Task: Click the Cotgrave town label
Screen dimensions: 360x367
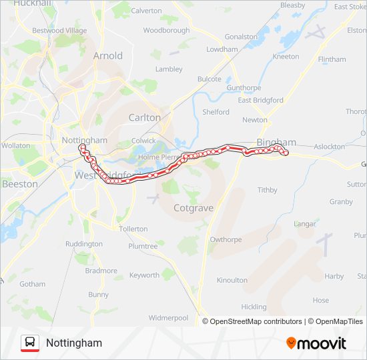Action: [x=193, y=208]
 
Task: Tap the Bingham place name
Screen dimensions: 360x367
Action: [x=276, y=143]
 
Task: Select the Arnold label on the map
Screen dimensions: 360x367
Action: [x=107, y=56]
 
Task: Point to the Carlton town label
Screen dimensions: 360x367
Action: [x=144, y=117]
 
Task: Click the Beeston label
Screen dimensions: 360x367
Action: [x=19, y=183]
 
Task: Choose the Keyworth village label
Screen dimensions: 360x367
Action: [x=144, y=275]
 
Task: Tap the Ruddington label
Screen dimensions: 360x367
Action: [x=84, y=244]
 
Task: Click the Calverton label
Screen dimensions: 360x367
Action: [x=146, y=11]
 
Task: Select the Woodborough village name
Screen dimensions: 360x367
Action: [x=166, y=31]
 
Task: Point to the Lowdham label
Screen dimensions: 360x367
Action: [x=222, y=49]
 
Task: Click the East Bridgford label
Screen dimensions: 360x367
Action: [x=260, y=101]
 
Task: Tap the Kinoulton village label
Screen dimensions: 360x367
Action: [x=232, y=281]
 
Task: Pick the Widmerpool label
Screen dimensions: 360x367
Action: [x=168, y=318]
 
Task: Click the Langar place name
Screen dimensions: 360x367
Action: [x=304, y=224]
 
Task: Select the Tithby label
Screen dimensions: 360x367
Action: [x=267, y=190]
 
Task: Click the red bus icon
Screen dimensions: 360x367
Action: [x=30, y=343]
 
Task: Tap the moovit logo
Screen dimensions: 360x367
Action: [x=316, y=343]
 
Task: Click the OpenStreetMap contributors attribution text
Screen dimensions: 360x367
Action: [x=254, y=321]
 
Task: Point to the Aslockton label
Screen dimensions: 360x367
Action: [x=329, y=147]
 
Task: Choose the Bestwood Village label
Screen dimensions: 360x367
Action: [x=59, y=31]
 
